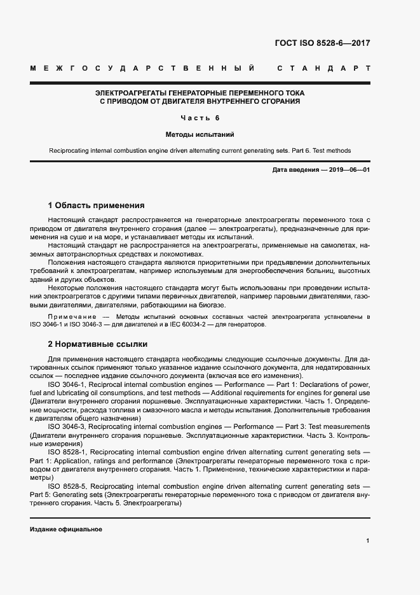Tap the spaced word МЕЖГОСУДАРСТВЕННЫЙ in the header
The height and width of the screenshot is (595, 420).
143,67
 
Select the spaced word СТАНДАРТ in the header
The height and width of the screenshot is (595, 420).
324,67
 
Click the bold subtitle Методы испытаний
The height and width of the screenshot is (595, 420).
200,135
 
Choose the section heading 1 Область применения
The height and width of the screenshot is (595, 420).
97,206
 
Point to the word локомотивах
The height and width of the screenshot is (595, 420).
182,253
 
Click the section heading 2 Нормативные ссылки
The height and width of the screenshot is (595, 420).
98,344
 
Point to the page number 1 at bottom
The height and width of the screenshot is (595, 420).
368,541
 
